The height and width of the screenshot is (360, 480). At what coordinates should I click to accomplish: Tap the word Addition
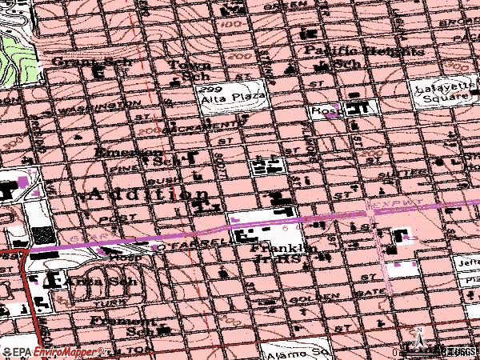149,194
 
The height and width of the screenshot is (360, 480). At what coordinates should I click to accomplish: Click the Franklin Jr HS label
281,254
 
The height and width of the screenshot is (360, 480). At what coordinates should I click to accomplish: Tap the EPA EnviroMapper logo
54,351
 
